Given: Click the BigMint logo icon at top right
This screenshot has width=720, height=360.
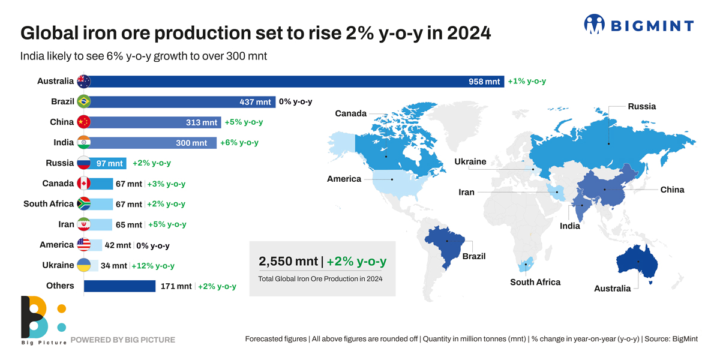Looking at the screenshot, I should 595,24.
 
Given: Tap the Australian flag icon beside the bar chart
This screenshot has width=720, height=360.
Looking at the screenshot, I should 83,82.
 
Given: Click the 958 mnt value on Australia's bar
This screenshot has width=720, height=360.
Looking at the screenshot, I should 484,82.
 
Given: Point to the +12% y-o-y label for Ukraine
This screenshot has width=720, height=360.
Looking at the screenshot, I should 153,265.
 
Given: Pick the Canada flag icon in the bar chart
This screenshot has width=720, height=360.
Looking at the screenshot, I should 83,184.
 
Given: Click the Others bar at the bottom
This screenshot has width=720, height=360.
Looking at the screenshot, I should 119,286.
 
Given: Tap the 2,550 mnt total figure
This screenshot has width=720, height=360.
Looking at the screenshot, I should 288,261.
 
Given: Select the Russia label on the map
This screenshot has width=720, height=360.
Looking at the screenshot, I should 641,106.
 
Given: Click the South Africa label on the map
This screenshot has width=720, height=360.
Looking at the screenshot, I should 535,282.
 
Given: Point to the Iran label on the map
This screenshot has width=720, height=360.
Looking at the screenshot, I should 466,193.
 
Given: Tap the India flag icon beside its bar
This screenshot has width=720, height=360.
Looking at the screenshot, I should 83,143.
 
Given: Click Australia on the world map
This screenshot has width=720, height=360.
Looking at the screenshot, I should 638,262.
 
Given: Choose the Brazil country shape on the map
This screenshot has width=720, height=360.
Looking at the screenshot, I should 446,243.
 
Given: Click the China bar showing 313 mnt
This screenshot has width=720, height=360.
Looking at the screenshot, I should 156,122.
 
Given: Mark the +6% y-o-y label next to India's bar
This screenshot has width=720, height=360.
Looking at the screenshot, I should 239,143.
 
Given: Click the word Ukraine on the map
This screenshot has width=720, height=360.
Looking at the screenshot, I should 470,162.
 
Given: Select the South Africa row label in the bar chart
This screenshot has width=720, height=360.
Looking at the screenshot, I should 48,204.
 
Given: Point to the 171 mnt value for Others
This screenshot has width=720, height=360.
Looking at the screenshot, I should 176,286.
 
